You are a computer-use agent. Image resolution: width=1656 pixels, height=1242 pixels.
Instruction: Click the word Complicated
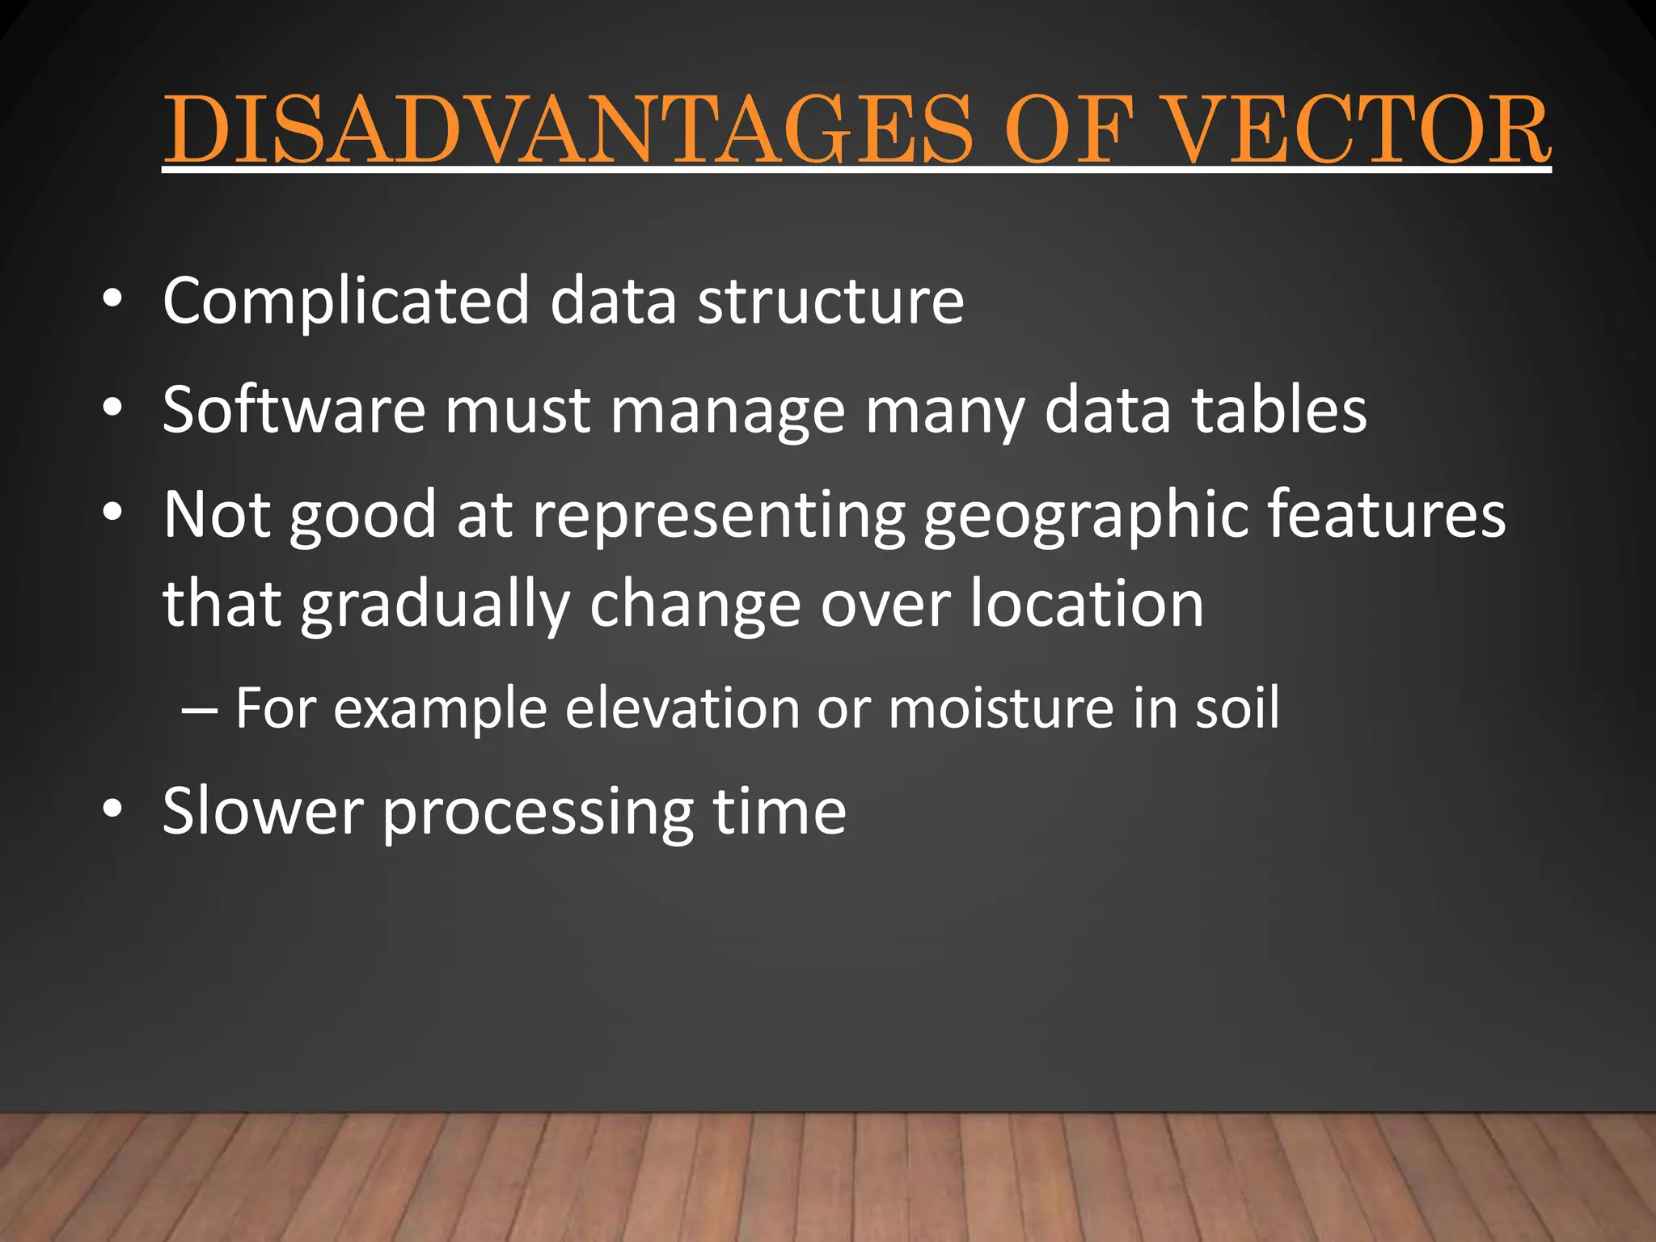click(x=345, y=301)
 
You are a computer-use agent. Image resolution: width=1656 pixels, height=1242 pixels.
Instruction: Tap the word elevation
click(x=681, y=708)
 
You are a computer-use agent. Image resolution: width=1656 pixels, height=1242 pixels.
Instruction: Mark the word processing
click(x=538, y=813)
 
